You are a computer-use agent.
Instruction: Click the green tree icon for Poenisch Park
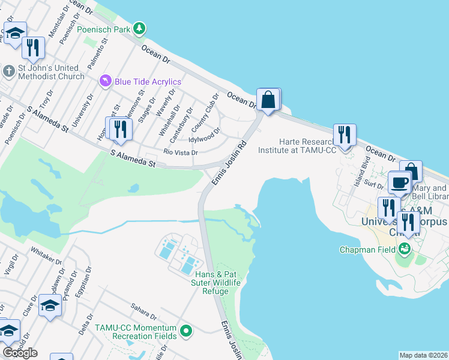click(139, 28)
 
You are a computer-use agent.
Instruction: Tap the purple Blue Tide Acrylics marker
click(106, 81)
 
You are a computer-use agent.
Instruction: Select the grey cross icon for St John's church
click(8, 71)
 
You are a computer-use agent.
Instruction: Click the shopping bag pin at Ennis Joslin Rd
click(268, 100)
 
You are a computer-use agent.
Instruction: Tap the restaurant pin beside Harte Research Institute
click(344, 134)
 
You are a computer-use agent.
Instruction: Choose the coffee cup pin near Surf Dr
click(399, 182)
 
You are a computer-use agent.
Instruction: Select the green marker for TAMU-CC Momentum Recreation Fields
click(186, 329)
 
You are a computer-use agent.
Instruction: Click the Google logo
click(20, 352)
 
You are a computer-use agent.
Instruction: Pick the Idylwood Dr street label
click(204, 136)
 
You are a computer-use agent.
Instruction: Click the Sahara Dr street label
click(144, 311)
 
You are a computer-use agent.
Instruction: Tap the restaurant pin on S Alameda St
click(118, 129)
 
